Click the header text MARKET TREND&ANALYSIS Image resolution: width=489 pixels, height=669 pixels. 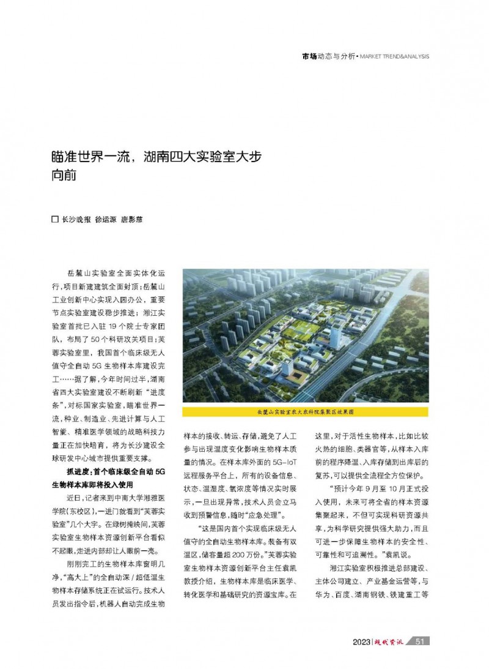[394, 56]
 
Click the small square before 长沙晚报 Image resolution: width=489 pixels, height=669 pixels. [53, 219]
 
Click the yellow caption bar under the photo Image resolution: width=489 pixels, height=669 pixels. [305, 412]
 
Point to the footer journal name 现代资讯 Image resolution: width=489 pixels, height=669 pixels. [391, 641]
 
